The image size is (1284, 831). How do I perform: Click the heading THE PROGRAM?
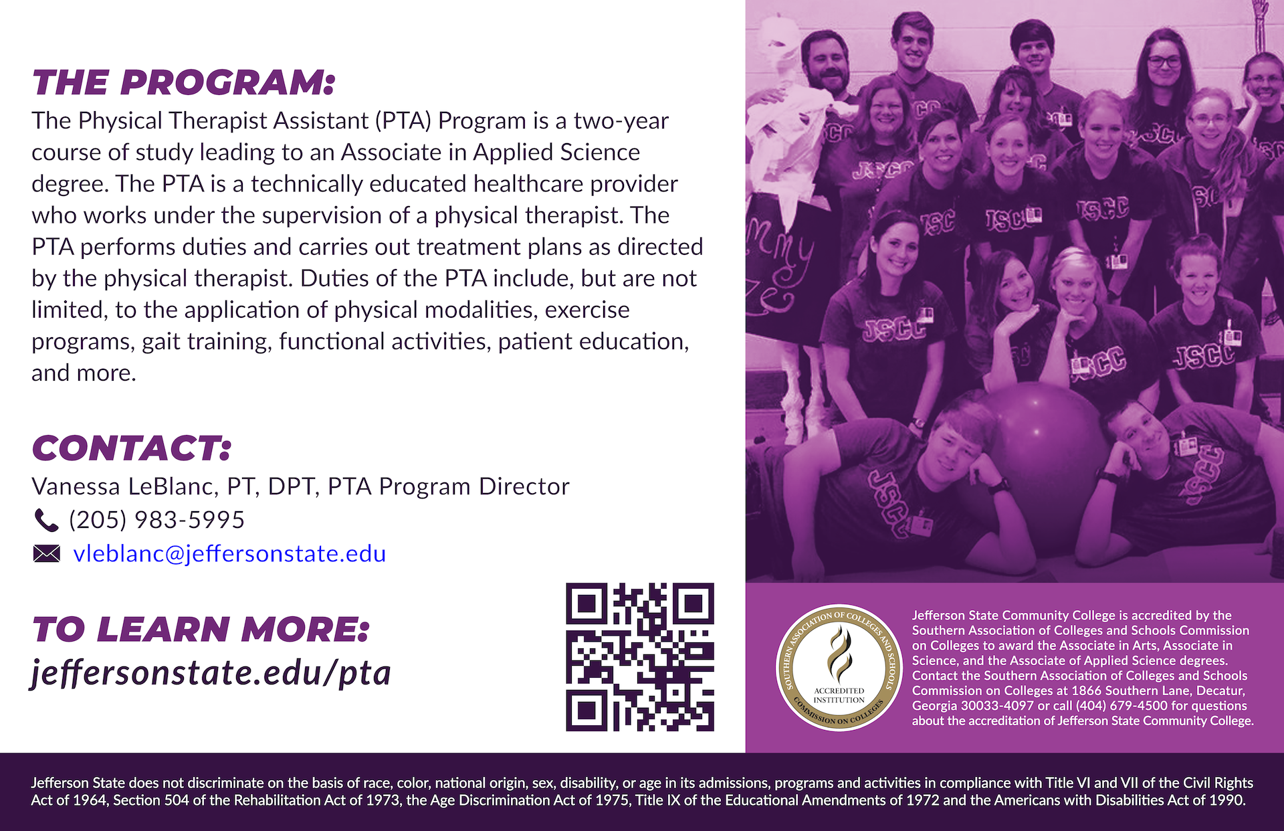[x=183, y=83]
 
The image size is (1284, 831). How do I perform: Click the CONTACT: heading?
[x=132, y=448]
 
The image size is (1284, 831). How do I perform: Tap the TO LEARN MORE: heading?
[x=201, y=630]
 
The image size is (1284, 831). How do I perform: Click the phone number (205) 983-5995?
[x=156, y=520]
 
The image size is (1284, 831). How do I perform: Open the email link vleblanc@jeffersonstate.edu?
[x=229, y=553]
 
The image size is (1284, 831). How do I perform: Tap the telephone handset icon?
[x=45, y=520]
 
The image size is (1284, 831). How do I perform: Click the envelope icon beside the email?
[x=46, y=554]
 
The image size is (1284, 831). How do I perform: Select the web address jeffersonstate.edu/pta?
[x=211, y=672]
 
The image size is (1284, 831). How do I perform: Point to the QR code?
[x=640, y=657]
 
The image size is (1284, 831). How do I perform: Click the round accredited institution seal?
[x=839, y=668]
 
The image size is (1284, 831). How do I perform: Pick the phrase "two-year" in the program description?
[x=621, y=121]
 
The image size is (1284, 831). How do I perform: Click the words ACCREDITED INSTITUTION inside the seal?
[x=839, y=695]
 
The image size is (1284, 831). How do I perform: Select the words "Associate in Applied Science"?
[x=490, y=153]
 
